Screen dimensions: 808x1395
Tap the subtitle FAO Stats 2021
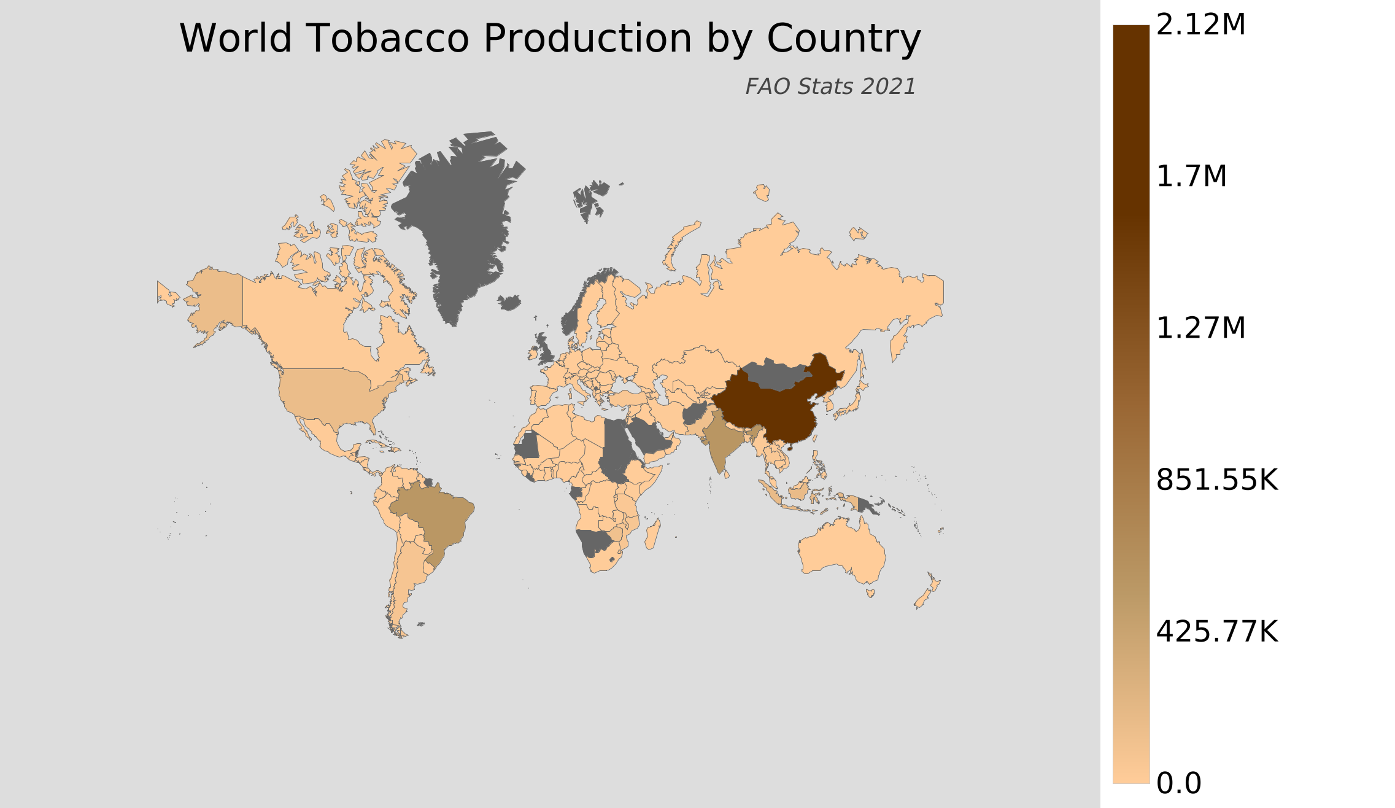[830, 87]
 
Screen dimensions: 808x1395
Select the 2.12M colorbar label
[1200, 25]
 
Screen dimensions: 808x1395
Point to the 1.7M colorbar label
[1191, 177]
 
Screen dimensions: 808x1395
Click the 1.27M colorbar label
[1200, 328]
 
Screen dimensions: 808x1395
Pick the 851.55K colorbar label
[1216, 480]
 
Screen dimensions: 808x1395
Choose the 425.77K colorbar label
[1216, 632]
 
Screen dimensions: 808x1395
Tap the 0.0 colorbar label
[1178, 783]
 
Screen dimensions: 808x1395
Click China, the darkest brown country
[773, 411]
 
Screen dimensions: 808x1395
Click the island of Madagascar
[653, 534]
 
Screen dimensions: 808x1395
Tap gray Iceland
[509, 302]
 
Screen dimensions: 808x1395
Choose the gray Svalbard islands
[589, 196]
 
